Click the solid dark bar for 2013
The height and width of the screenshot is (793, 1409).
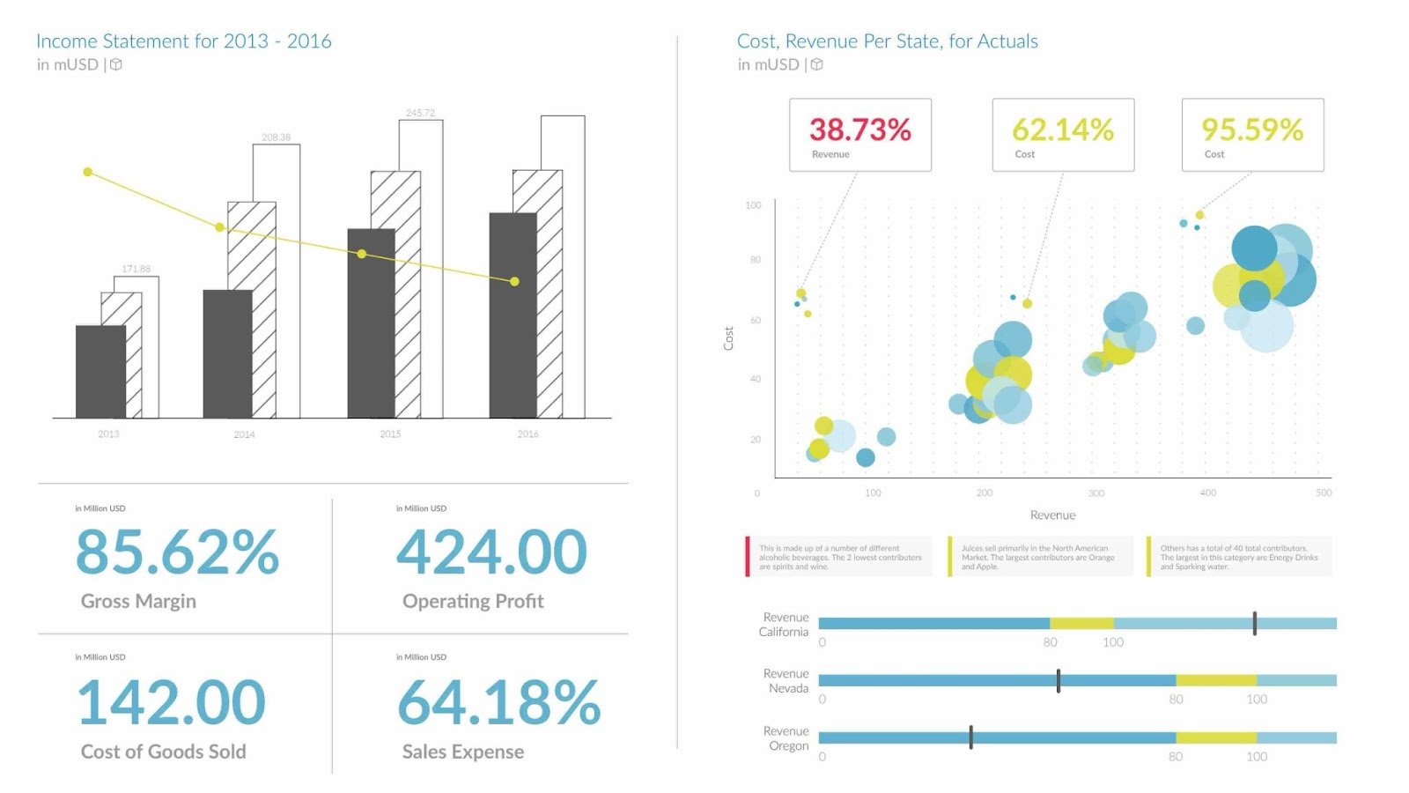coord(100,372)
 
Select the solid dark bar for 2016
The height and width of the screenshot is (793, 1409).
coord(513,315)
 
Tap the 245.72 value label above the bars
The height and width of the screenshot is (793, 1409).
coord(420,113)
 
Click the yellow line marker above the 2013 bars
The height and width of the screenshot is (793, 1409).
coord(87,172)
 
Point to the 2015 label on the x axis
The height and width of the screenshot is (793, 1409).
coord(390,434)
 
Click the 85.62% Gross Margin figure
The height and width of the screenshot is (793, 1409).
coord(177,552)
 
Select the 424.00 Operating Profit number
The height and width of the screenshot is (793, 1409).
coord(491,552)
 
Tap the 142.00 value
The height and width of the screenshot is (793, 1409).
coord(171,702)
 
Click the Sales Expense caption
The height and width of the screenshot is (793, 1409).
coord(462,752)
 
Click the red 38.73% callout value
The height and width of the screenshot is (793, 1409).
coord(859,130)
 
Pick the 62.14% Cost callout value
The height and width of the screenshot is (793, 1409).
coord(1062,130)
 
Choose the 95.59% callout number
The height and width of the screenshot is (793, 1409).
coord(1251,130)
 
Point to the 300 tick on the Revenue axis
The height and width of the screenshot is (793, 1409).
coord(1095,493)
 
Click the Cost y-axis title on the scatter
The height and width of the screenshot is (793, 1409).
coord(728,338)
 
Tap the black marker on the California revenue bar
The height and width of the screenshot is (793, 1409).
coord(1254,623)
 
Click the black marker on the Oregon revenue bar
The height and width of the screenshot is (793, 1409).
coord(970,737)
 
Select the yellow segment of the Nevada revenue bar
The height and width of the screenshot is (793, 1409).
coord(1215,680)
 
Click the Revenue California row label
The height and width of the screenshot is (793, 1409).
coord(784,625)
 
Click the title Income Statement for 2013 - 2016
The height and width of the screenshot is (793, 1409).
coord(183,41)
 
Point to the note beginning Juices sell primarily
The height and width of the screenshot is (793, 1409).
coord(1037,557)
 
